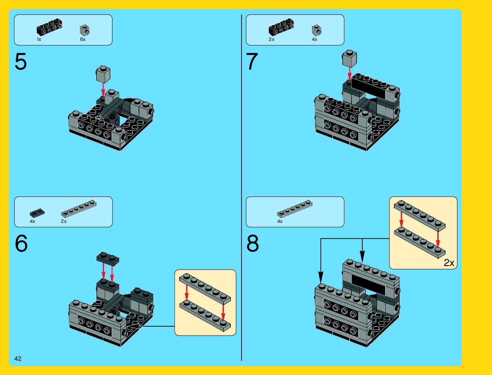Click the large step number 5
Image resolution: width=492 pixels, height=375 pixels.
(x=21, y=62)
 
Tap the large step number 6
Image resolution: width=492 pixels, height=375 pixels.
(x=21, y=244)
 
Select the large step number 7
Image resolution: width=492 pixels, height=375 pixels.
(x=252, y=62)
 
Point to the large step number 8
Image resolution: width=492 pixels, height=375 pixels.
(x=253, y=244)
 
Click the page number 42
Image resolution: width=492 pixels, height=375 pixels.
(x=18, y=359)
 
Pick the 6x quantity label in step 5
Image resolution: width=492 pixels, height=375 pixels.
(x=83, y=39)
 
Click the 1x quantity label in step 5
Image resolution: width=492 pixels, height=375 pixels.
(x=39, y=39)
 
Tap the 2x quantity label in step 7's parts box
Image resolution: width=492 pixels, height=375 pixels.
(x=271, y=39)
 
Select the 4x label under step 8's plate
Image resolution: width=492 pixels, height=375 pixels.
(x=280, y=221)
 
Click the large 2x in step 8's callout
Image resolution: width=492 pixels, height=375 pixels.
(x=449, y=263)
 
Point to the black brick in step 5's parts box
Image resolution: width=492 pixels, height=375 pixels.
(x=49, y=27)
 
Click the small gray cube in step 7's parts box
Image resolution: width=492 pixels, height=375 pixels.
(x=316, y=30)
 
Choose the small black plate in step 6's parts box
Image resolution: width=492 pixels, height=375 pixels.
(x=37, y=213)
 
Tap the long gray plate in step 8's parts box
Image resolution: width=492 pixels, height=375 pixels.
(x=295, y=208)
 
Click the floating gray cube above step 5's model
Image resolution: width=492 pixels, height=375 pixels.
(x=103, y=74)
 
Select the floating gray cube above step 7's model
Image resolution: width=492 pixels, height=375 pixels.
(x=349, y=58)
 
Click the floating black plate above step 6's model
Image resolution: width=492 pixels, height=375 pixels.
(x=108, y=259)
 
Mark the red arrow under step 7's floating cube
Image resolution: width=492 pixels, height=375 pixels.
(x=349, y=73)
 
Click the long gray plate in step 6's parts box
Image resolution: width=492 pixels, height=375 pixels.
(x=79, y=208)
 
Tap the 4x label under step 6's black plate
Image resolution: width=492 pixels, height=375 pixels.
(x=32, y=221)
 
